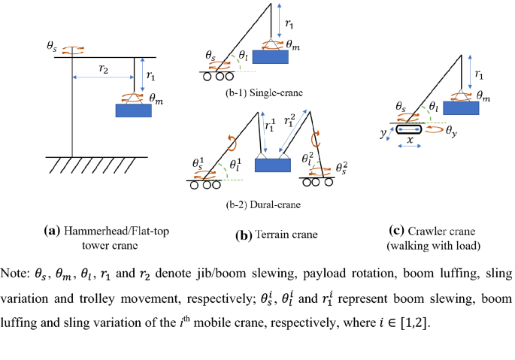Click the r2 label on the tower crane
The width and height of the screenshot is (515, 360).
click(103, 69)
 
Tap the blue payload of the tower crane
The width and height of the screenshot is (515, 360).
click(133, 110)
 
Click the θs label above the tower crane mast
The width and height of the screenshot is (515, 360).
click(52, 46)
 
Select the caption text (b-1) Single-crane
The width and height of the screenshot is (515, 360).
click(264, 93)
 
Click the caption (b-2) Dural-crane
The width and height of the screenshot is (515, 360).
click(263, 204)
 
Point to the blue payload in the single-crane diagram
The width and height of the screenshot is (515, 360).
click(271, 57)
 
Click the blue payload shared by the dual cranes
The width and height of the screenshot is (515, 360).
click(273, 165)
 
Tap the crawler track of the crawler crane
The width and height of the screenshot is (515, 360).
click(408, 129)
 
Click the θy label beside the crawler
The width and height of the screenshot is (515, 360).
click(451, 132)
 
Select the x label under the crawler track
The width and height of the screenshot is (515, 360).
click(410, 141)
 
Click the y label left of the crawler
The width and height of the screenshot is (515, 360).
click(383, 133)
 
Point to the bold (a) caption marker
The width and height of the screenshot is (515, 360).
click(52, 231)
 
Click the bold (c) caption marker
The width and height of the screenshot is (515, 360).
click(396, 231)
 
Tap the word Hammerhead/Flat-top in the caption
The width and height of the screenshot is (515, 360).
click(117, 231)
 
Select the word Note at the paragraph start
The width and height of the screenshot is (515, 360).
click(15, 274)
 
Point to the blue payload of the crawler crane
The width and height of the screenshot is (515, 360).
click(461, 107)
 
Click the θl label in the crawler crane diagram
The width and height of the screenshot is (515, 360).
click(434, 106)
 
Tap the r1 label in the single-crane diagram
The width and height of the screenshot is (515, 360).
click(289, 23)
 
